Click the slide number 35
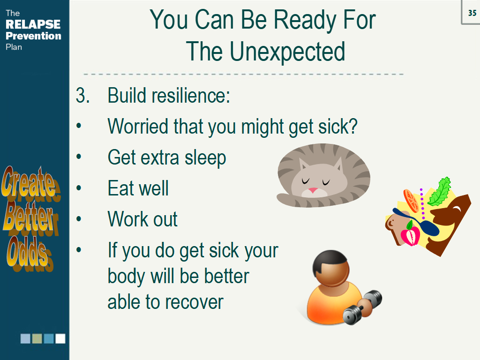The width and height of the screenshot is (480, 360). [x=472, y=13]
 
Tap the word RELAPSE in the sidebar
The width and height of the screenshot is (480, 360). [x=33, y=24]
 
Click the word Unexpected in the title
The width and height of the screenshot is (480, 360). [x=287, y=52]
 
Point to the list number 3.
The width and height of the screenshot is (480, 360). [x=82, y=96]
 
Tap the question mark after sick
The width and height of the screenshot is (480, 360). [x=352, y=126]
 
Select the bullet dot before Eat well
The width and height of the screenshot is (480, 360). [x=79, y=187]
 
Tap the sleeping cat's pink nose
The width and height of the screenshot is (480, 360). [x=313, y=190]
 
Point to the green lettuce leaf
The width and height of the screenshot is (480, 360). [x=440, y=192]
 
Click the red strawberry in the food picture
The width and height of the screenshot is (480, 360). [x=411, y=235]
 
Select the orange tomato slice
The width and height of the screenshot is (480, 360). [x=411, y=201]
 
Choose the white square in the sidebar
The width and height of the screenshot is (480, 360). [x=60, y=338]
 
